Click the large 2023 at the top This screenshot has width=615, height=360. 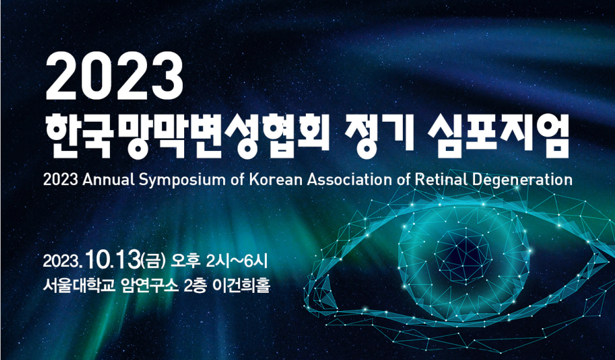pyautogui.click(x=114, y=76)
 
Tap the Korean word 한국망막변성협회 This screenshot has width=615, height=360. pyautogui.click(x=187, y=137)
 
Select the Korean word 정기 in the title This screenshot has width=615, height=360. pyautogui.click(x=379, y=135)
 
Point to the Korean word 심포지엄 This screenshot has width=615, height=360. pyautogui.click(x=498, y=135)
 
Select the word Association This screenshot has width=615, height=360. pyautogui.click(x=349, y=180)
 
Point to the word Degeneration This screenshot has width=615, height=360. pyautogui.click(x=522, y=181)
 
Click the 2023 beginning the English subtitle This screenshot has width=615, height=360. pyautogui.click(x=61, y=180)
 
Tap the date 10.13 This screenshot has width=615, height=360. pyautogui.click(x=113, y=260)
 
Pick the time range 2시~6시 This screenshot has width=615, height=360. pyautogui.click(x=236, y=261)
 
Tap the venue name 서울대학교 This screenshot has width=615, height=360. pyautogui.click(x=79, y=286)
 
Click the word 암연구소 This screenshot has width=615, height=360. pyautogui.click(x=150, y=286)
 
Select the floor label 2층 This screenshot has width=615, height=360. pyautogui.click(x=195, y=286)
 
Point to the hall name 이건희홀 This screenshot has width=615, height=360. pyautogui.click(x=240, y=286)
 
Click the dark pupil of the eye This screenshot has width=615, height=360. pyautogui.click(x=465, y=254)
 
